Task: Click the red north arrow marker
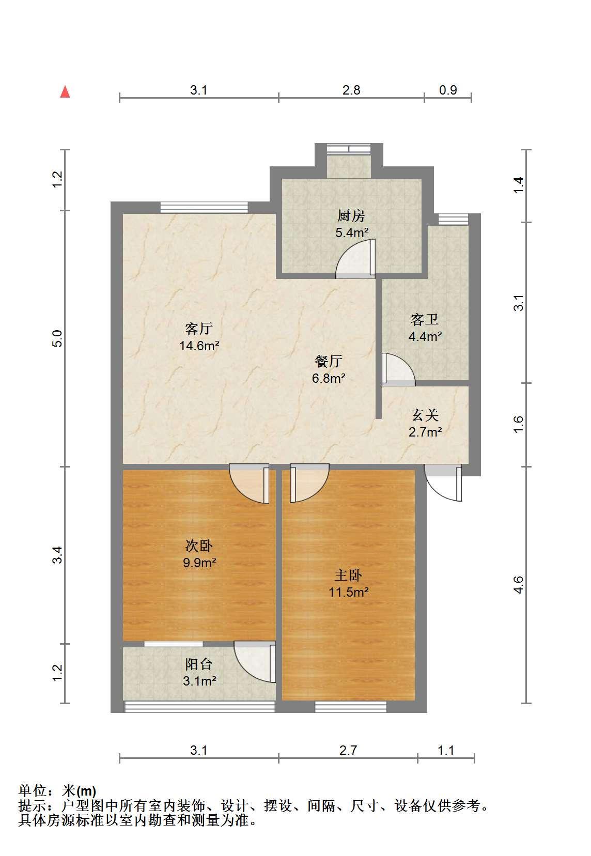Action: click(x=65, y=92)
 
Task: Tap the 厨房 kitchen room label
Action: click(x=351, y=216)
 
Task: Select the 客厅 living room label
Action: click(x=199, y=329)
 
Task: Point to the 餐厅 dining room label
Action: click(x=328, y=361)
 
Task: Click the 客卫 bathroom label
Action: click(x=425, y=319)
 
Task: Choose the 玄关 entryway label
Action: click(x=425, y=415)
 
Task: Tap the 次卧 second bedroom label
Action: click(x=199, y=546)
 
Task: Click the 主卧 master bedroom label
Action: click(x=348, y=575)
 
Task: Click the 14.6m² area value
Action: click(x=199, y=346)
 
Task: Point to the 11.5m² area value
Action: click(x=348, y=593)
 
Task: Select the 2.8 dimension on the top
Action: click(x=351, y=90)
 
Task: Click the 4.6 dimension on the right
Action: click(x=518, y=585)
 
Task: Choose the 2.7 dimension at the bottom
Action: click(x=348, y=750)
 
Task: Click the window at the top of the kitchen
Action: click(x=349, y=149)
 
